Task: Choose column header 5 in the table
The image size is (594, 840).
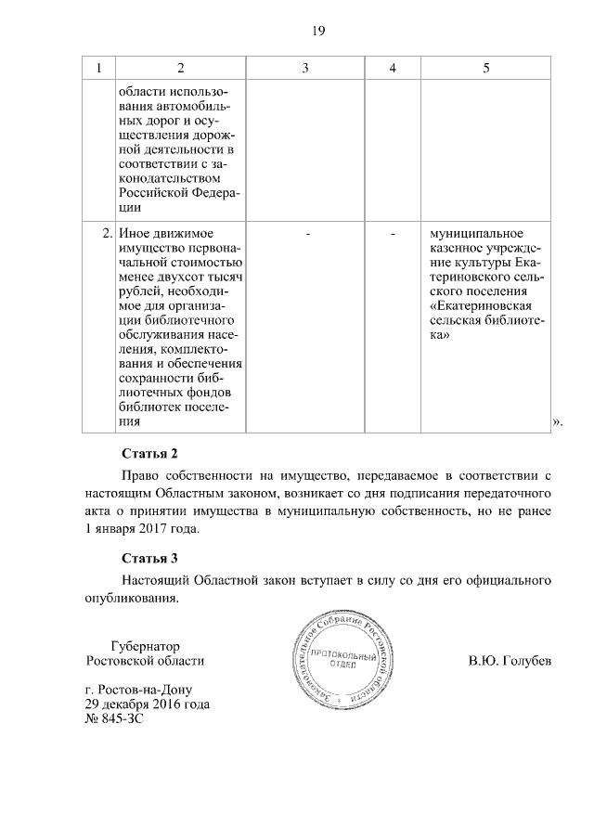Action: pos(485,69)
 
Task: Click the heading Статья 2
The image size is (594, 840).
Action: pos(149,454)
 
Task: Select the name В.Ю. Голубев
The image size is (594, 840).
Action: pos(510,662)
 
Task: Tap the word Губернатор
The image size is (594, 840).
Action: pos(144,646)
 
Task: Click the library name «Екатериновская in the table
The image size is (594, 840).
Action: pos(480,305)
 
